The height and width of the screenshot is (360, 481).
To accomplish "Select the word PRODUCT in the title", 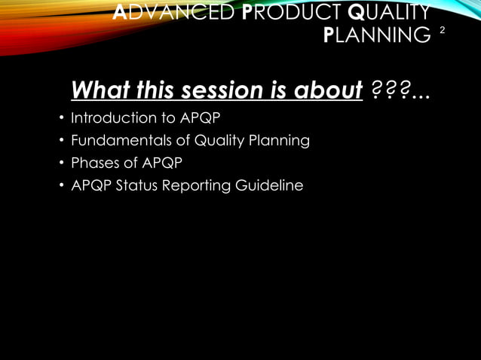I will (x=275, y=12).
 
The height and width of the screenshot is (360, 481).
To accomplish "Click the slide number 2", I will (x=443, y=31).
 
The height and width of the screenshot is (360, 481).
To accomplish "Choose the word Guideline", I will (x=270, y=185).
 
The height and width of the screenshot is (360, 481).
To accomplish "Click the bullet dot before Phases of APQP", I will (x=61, y=163).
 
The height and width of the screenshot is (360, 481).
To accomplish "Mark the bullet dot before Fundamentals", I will (x=61, y=142).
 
